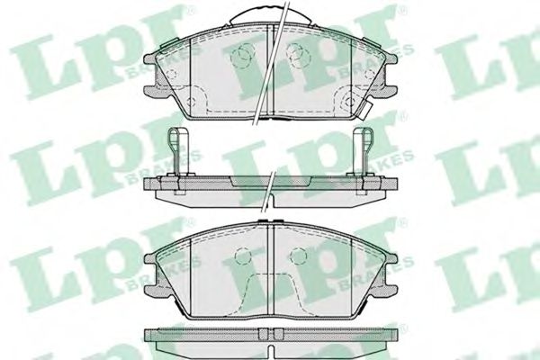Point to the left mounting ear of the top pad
[154, 84]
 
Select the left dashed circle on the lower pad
[241, 256]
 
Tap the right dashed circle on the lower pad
[301, 256]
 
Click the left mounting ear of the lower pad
[154, 279]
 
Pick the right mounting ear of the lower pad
[388, 279]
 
